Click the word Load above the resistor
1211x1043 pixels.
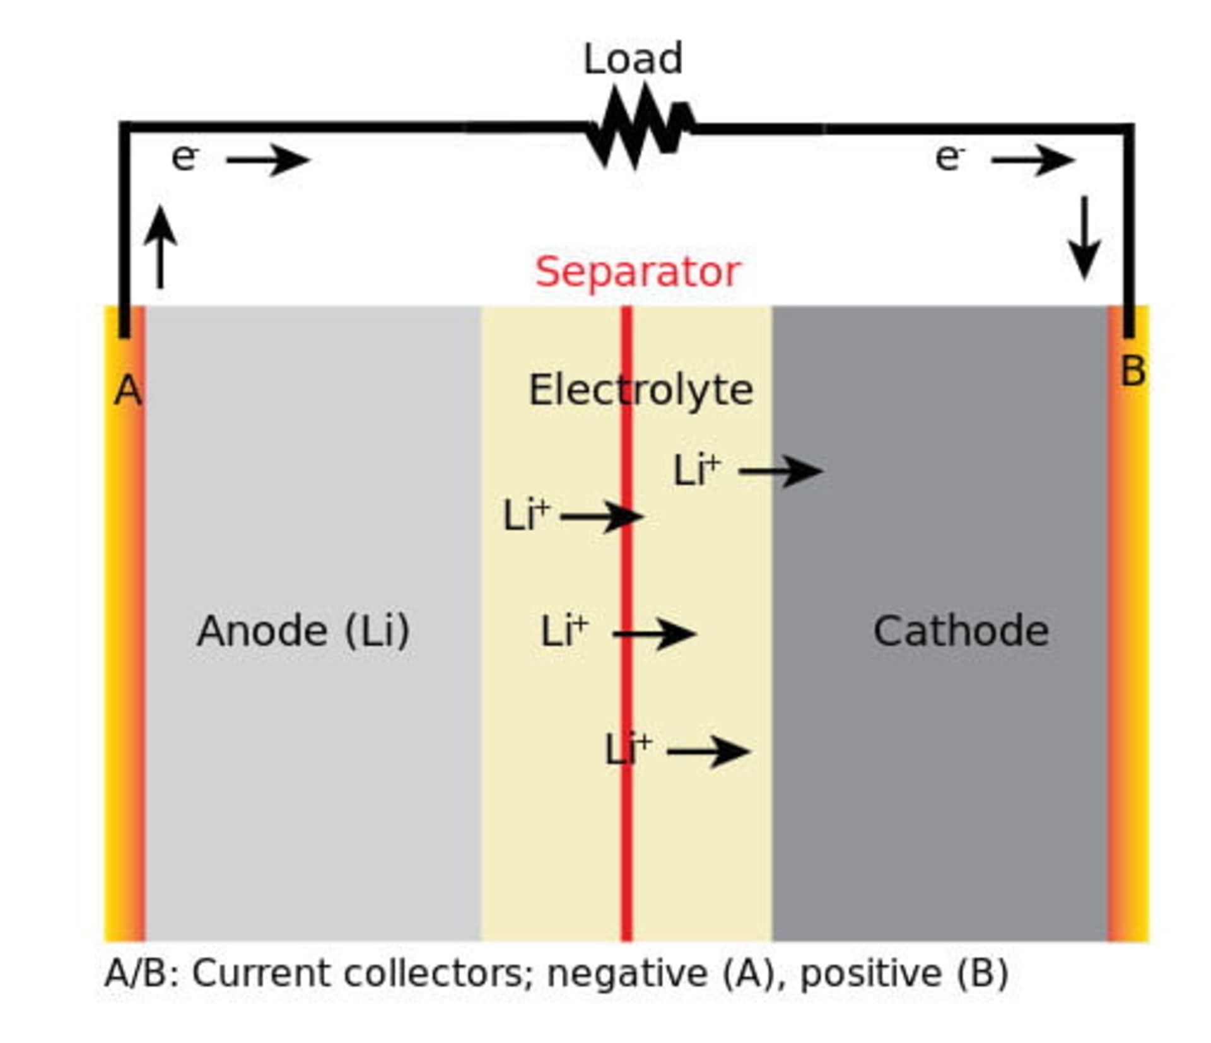(633, 59)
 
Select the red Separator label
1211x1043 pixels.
(637, 272)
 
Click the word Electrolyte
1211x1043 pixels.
(640, 390)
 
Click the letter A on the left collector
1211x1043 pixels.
(127, 391)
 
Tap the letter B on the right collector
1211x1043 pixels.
(1132, 371)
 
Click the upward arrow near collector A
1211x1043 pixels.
(160, 247)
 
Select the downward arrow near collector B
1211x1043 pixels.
(1084, 238)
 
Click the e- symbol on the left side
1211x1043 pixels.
(185, 158)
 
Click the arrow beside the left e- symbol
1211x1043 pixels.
(268, 160)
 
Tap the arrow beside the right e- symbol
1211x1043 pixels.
(1033, 160)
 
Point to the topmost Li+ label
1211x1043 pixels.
(696, 470)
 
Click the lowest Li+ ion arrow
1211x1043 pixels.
(708, 751)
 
